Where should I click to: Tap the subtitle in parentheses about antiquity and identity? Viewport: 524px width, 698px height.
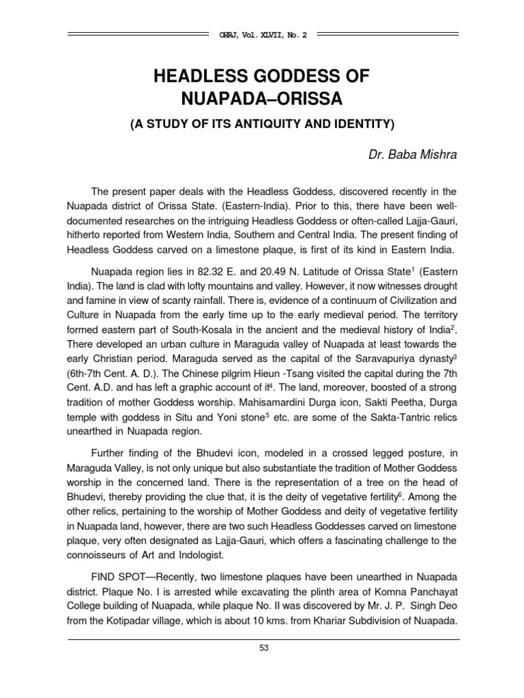coord(262,125)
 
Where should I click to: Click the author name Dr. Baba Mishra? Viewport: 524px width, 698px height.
coord(412,155)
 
